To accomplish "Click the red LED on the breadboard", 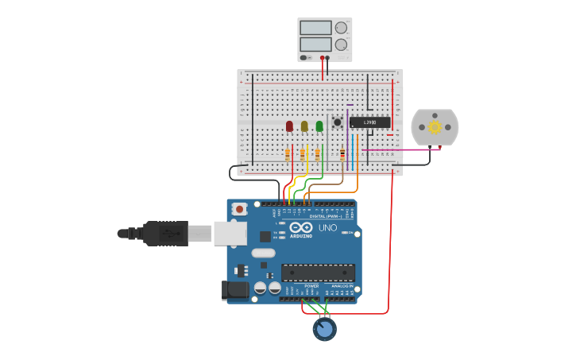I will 289,126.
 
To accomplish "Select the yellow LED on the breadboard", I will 304,126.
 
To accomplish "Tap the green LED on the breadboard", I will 319,126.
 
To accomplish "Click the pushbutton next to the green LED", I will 338,122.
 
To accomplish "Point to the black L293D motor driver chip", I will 370,122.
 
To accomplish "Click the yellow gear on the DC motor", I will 435,127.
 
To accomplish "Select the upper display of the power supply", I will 315,28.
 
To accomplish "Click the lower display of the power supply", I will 315,45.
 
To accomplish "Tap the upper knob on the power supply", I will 341,28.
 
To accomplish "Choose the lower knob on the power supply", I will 341,45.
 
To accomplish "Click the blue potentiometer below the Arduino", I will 324,328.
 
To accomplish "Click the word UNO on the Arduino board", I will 327,228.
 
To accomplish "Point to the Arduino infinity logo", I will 301,227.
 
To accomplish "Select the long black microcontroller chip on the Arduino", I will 318,273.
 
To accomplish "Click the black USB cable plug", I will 165,234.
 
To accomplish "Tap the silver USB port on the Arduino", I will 230,233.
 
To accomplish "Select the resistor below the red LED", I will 288,154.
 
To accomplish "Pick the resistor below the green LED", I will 318,154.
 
